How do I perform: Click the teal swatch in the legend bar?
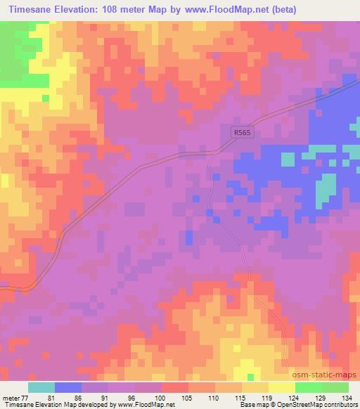41,387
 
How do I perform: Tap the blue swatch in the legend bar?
68,387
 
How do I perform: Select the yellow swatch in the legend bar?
281,387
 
